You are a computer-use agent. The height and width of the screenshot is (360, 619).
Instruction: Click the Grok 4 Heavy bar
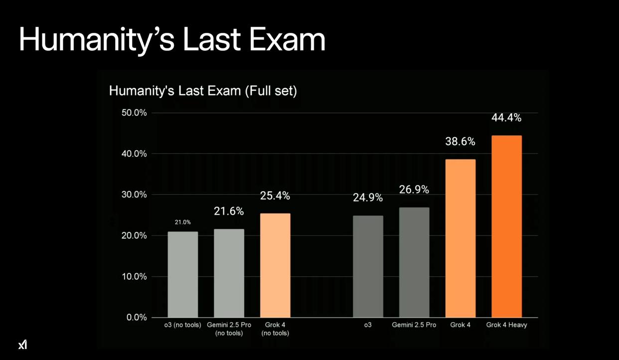[x=506, y=226]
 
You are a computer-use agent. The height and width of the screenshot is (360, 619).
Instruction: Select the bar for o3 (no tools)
[x=183, y=274]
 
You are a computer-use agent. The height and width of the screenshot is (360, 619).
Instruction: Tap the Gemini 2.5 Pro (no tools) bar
[x=229, y=273]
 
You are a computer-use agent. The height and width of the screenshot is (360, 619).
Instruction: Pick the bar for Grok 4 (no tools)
[x=275, y=265]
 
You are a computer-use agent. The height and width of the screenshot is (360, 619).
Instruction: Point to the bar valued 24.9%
[x=368, y=266]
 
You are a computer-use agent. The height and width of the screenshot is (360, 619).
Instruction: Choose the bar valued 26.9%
[x=414, y=262]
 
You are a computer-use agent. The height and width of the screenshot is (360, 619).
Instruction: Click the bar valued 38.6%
[x=460, y=238]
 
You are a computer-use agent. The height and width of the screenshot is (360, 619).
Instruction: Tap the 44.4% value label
[x=506, y=118]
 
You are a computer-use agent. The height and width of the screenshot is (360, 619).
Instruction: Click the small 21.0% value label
[x=182, y=222]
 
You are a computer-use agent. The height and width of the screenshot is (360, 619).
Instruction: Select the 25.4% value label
[x=275, y=196]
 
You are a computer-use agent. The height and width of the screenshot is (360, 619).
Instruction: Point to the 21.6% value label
[x=229, y=211]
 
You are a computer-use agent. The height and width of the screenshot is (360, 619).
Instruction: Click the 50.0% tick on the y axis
[x=134, y=113]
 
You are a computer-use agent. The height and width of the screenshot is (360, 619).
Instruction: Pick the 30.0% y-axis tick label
[x=134, y=194]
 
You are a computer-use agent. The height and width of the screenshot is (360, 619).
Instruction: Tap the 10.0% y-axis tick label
[x=134, y=276]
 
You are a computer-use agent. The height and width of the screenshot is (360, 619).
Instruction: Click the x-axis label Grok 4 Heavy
[x=506, y=325]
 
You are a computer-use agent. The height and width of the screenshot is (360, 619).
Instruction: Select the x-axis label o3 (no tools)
[x=183, y=325]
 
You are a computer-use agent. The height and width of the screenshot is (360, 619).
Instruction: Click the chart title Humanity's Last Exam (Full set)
[x=203, y=91]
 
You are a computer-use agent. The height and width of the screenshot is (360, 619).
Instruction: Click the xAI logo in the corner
[x=22, y=345]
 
